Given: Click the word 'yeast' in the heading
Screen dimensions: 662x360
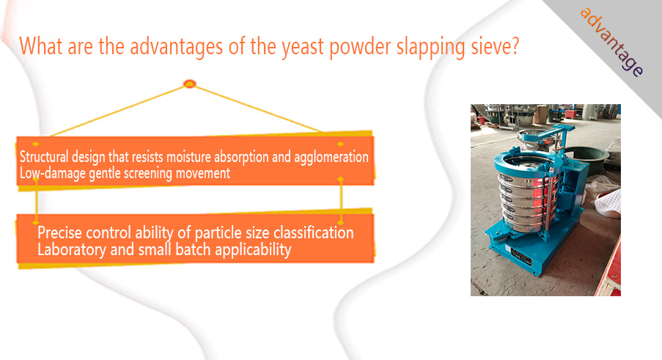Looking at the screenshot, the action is click(x=304, y=47).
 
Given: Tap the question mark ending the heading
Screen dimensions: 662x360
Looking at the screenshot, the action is click(x=514, y=45).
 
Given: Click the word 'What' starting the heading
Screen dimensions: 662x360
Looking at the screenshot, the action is click(x=41, y=46).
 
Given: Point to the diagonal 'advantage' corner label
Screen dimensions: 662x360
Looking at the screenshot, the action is click(x=611, y=43).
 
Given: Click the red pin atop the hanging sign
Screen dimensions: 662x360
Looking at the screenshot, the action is click(x=190, y=84).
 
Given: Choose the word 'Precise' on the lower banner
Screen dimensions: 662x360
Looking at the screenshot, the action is click(x=59, y=232).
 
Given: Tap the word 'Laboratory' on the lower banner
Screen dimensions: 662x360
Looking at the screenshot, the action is click(x=72, y=249).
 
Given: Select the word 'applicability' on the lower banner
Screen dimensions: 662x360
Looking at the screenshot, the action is click(x=253, y=250).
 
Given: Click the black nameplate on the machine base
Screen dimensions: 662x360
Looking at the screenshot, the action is click(x=521, y=256).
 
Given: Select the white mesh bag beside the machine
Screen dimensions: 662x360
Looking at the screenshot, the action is click(x=608, y=202).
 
